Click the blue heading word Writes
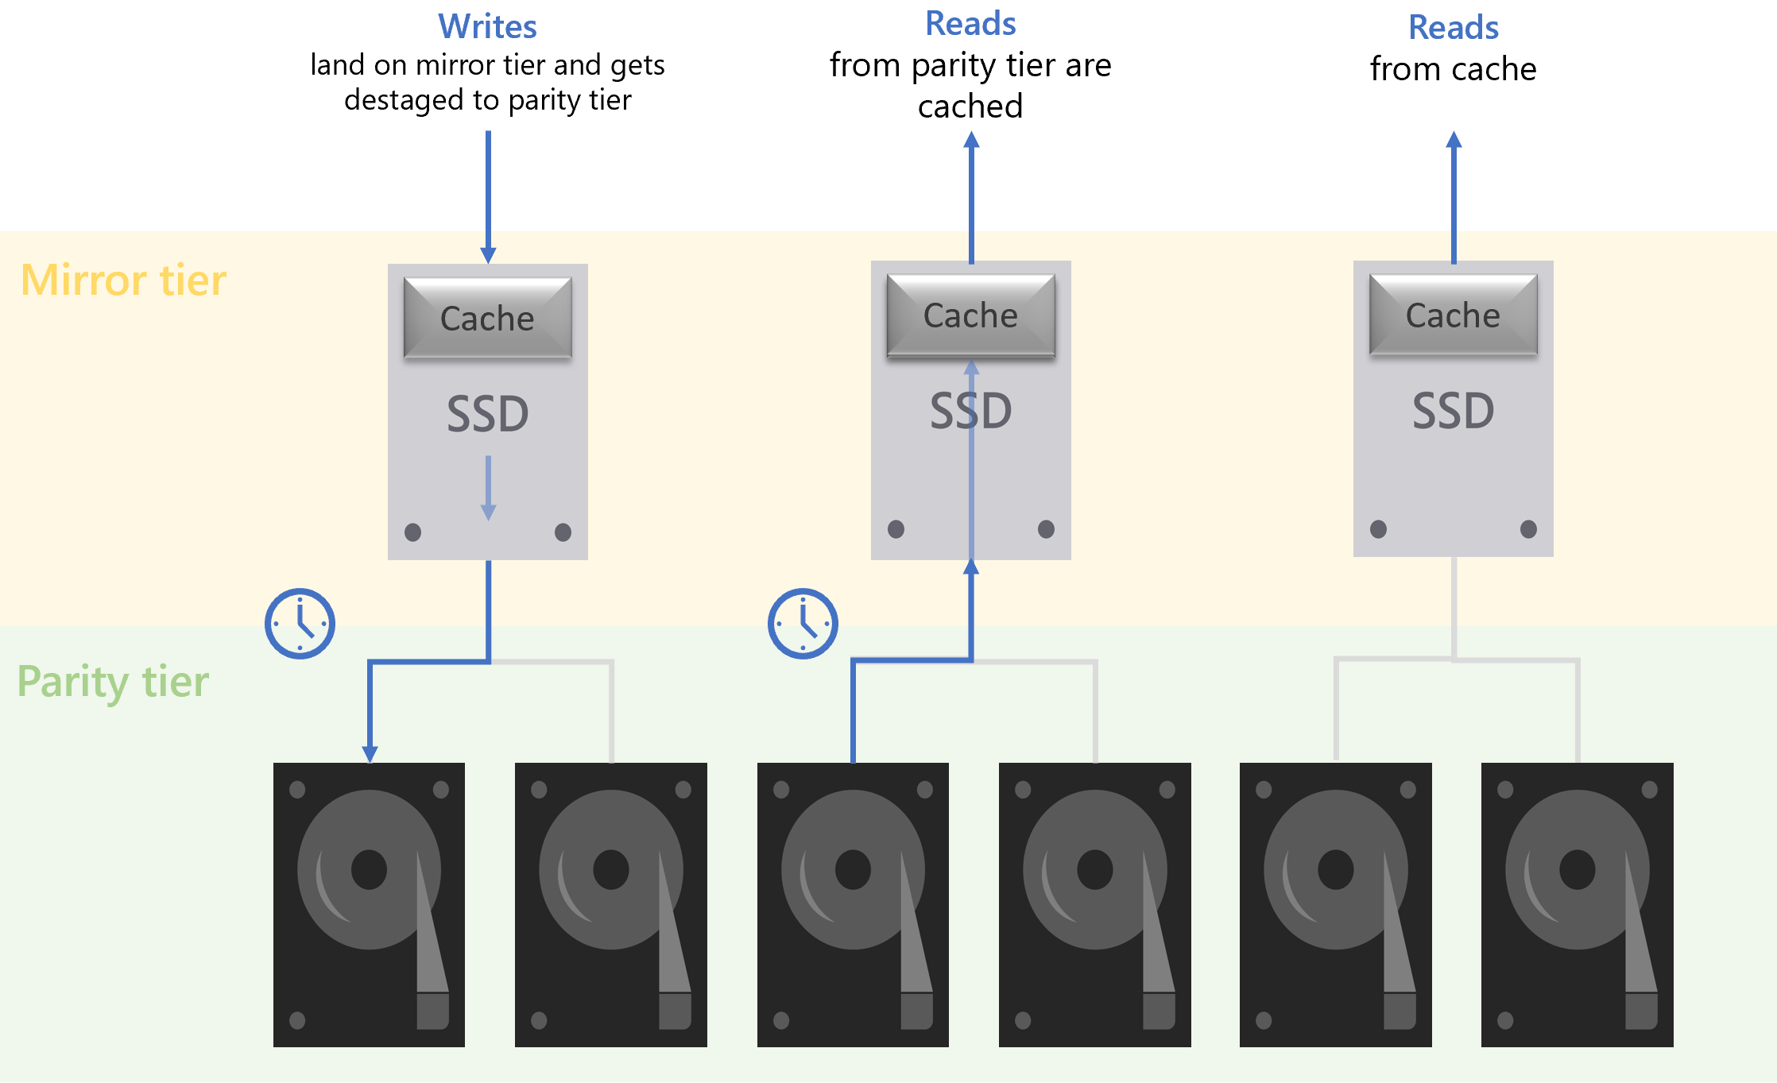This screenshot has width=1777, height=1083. pyautogui.click(x=487, y=27)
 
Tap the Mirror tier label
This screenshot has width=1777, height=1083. pyautogui.click(x=123, y=280)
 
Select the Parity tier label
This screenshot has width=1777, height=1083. pyautogui.click(x=113, y=682)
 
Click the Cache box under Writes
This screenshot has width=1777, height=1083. pyautogui.click(x=487, y=319)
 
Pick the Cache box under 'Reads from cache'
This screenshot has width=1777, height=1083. pyautogui.click(x=1453, y=315)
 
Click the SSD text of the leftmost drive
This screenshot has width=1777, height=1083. pyautogui.click(x=487, y=414)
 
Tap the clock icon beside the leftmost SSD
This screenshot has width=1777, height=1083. pyautogui.click(x=300, y=624)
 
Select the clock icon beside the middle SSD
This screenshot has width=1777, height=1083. pyautogui.click(x=803, y=624)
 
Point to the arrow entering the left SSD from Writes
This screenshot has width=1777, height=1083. pyautogui.click(x=488, y=199)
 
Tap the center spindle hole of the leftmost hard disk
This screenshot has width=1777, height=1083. pyautogui.click(x=369, y=869)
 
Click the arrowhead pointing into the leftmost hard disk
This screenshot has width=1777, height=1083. pyautogui.click(x=370, y=753)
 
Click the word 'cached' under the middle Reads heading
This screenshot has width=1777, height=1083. pyautogui.click(x=970, y=106)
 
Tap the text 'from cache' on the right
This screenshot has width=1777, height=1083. pyautogui.click(x=1453, y=70)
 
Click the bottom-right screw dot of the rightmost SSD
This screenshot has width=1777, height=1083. pyautogui.click(x=1527, y=529)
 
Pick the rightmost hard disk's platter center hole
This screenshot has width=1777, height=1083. pyautogui.click(x=1577, y=869)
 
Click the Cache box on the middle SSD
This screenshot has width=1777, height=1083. pyautogui.click(x=970, y=315)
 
